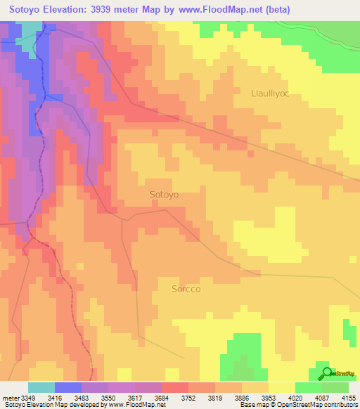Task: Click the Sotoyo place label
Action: point(165,194)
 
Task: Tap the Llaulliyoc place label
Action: point(276,93)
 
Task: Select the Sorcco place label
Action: point(187,288)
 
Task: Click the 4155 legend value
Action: point(349,397)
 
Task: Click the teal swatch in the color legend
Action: point(41,387)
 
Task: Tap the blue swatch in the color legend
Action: point(67,387)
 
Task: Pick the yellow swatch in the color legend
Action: point(281,387)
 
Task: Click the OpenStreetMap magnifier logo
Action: point(326,373)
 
